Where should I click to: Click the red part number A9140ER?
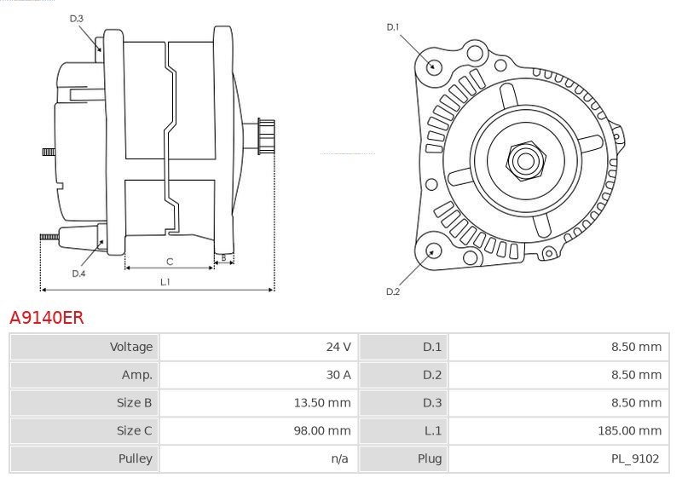coord(46,318)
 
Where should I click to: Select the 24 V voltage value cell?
coord(338,347)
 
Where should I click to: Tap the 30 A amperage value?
coord(338,375)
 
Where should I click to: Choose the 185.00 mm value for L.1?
coord(629,431)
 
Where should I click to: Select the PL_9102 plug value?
coord(634,459)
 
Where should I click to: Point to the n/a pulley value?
coord(340,459)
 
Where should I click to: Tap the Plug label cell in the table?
coord(430,459)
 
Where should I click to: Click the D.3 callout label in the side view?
coord(77,18)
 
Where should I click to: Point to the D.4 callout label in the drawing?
coord(78,274)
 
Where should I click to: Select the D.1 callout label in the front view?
coord(393,27)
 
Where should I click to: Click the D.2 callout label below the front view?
coord(393,291)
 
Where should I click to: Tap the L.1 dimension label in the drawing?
coord(165,281)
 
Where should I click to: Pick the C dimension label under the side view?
coord(170,261)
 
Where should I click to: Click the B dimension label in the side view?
coord(223,256)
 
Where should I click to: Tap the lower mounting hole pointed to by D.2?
coord(433,251)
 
